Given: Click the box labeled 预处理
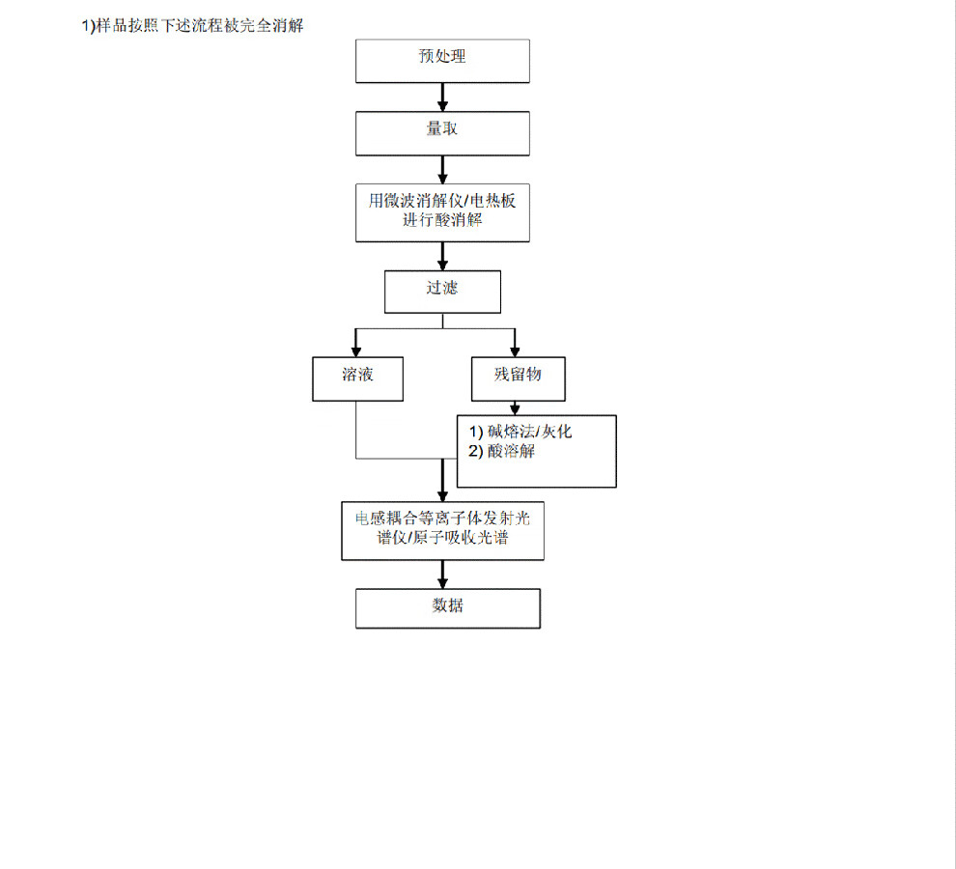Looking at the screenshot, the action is [442, 61].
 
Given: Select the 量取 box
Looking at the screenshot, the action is [442, 133].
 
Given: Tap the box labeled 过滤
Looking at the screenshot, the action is [442, 293].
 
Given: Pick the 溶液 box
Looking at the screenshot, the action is [358, 378].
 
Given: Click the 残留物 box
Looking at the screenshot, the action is [519, 378].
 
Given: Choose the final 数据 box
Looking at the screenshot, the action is [448, 608].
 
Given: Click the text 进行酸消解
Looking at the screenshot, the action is [442, 220].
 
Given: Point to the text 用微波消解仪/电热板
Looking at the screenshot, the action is [442, 201].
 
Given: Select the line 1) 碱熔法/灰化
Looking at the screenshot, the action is [520, 432].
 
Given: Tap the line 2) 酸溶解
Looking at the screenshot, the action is [502, 451].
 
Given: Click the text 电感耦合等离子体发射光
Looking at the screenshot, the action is [442, 519].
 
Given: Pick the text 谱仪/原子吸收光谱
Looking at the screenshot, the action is [442, 537].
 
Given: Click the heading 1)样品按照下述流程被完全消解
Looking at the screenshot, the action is [193, 26].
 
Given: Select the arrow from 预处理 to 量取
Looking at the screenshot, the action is [442, 97].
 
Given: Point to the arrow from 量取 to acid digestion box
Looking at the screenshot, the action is [442, 170].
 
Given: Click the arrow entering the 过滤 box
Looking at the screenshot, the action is [442, 256].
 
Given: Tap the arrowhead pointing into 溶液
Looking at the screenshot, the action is [356, 351].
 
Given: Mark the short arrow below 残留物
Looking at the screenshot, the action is [516, 408].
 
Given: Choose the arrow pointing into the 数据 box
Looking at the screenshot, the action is [442, 575].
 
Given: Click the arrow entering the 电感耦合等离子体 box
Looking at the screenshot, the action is [442, 481].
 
